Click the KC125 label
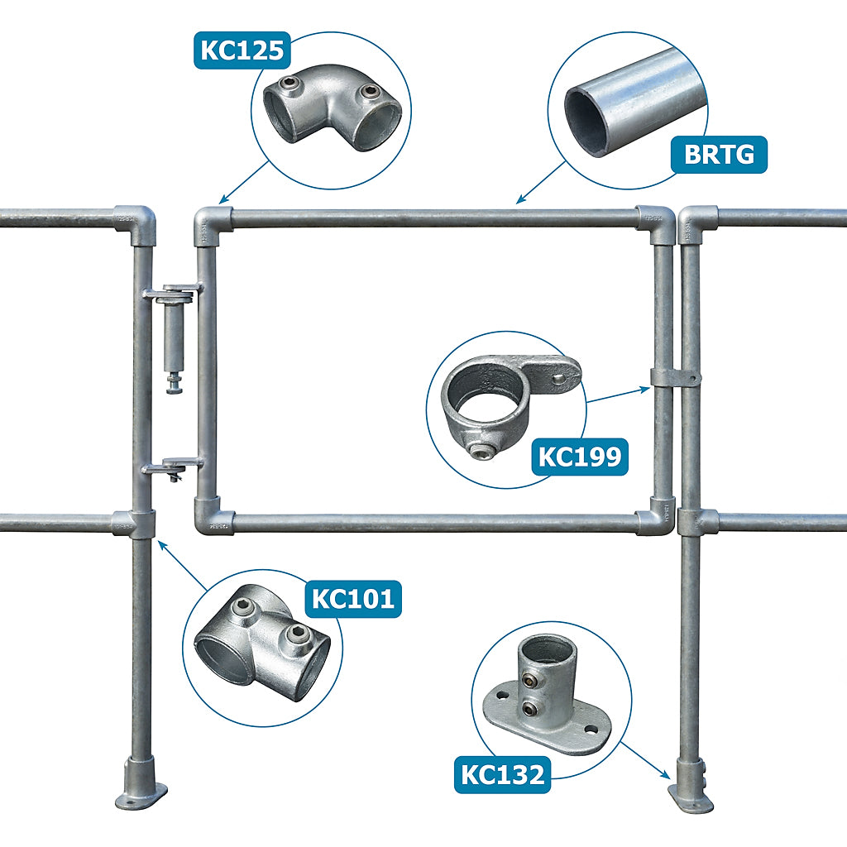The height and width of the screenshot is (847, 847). (x=242, y=51)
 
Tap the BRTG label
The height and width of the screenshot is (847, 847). (x=719, y=156)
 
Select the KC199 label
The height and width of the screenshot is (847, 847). (x=580, y=456)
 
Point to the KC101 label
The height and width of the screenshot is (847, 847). (x=354, y=598)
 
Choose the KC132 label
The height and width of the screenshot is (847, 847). (x=502, y=775)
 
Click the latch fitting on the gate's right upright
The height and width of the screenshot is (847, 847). (x=675, y=378)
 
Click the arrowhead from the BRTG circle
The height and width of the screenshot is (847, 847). (x=519, y=200)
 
